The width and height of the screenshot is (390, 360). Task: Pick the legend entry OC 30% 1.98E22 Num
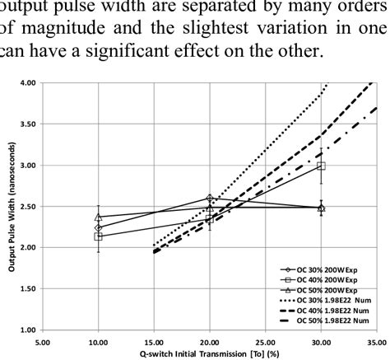323,301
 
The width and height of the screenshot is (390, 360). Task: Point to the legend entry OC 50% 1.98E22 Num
323,321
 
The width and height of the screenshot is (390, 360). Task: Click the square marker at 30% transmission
320,166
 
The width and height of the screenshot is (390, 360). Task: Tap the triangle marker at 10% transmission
99,217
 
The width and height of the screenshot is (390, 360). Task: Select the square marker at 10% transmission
99,236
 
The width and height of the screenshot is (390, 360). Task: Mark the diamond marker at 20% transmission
210,199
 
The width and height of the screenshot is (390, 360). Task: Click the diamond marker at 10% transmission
99,228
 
